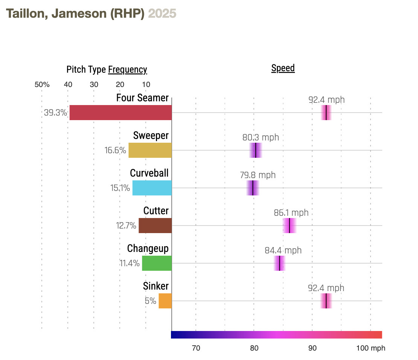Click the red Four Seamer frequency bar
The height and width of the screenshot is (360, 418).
click(x=121, y=113)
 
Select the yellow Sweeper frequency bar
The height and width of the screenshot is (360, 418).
click(x=150, y=150)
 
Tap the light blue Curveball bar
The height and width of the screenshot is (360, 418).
click(x=152, y=188)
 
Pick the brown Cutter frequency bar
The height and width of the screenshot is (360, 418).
click(x=155, y=226)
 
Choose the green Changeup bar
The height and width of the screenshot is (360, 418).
click(x=157, y=263)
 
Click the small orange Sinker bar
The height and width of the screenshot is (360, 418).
click(x=165, y=301)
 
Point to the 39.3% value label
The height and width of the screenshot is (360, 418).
click(x=56, y=113)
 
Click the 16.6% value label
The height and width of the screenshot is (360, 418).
click(x=115, y=151)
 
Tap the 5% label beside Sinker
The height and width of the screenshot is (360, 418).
click(x=150, y=301)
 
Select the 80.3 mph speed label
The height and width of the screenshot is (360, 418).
click(x=261, y=137)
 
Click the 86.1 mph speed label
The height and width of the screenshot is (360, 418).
click(x=291, y=213)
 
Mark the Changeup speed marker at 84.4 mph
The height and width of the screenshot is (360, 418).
click(x=279, y=263)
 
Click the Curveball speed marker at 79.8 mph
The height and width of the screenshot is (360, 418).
click(x=253, y=188)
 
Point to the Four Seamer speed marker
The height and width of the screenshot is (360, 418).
click(x=326, y=113)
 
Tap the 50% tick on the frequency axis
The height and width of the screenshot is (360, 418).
click(x=42, y=84)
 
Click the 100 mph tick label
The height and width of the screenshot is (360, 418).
click(x=371, y=348)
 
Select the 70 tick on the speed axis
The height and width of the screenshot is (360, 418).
click(x=196, y=348)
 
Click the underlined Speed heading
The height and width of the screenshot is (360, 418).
click(x=283, y=68)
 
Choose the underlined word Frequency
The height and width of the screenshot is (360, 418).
click(x=127, y=70)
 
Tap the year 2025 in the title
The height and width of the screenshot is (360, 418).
click(x=162, y=14)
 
